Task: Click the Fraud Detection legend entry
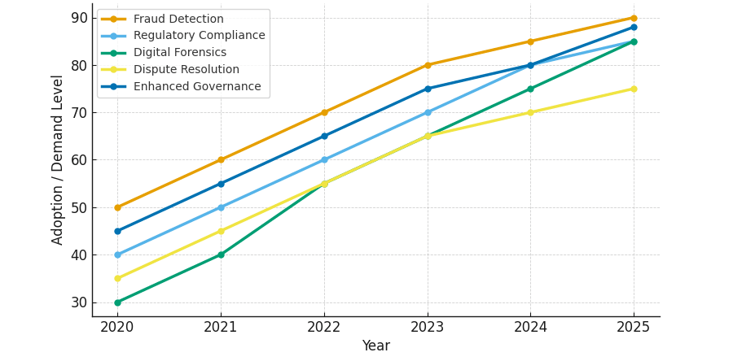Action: tap(178, 20)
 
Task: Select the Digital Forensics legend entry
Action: tap(179, 52)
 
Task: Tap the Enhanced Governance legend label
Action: tap(197, 86)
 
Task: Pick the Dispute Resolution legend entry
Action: tap(186, 69)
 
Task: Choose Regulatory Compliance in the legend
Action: tap(200, 36)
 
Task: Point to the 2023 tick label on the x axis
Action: tap(428, 327)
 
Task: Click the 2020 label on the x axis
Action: tap(116, 327)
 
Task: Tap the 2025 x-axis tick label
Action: tap(634, 327)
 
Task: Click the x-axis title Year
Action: tap(375, 346)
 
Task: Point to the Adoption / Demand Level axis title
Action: tap(57, 159)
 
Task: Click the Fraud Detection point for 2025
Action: tap(634, 18)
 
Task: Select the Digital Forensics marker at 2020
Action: tap(117, 302)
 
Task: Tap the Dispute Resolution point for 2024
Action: tap(530, 112)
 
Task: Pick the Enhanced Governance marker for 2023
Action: tap(428, 89)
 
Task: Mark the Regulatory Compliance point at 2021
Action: tap(221, 207)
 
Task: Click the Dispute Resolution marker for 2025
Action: tap(634, 89)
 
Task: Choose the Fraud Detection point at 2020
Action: tap(117, 207)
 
